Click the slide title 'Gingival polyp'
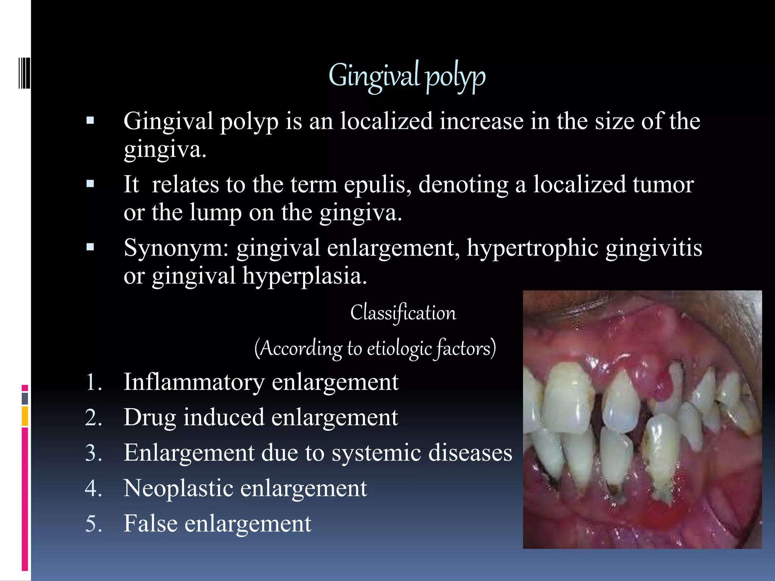pyautogui.click(x=407, y=76)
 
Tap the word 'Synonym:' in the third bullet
pyautogui.click(x=176, y=249)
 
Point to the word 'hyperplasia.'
pyautogui.click(x=305, y=276)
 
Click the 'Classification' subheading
pyautogui.click(x=403, y=313)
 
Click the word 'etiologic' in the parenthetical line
pyautogui.click(x=399, y=348)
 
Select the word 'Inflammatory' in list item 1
pyautogui.click(x=194, y=382)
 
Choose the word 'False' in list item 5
pyautogui.click(x=151, y=524)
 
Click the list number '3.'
pyautogui.click(x=93, y=453)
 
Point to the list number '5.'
pyautogui.click(x=93, y=524)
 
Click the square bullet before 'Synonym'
pyautogui.click(x=90, y=247)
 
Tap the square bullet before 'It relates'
pyautogui.click(x=90, y=184)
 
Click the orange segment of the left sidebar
pyautogui.click(x=25, y=416)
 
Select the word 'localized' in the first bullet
pyautogui.click(x=386, y=121)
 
